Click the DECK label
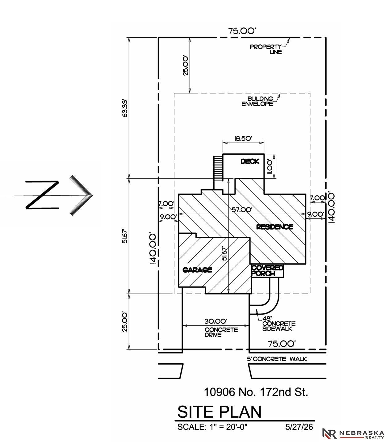tap(250, 161)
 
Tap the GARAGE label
tap(197, 270)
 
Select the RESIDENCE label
tap(274, 227)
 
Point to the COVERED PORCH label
tap(267, 271)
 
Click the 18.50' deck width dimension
tap(243, 138)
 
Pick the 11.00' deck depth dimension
tap(270, 167)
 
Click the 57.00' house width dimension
tap(242, 210)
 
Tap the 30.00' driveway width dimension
tap(215, 321)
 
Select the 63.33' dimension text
tap(125, 108)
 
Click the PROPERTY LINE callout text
tap(266, 49)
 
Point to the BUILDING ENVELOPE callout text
tap(257, 101)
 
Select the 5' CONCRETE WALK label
tap(277, 359)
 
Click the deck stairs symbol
tap(218, 168)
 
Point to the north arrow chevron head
tap(81, 195)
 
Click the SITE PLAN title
tap(219, 412)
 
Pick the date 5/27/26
tap(299, 427)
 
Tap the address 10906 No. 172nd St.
tap(256, 392)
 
